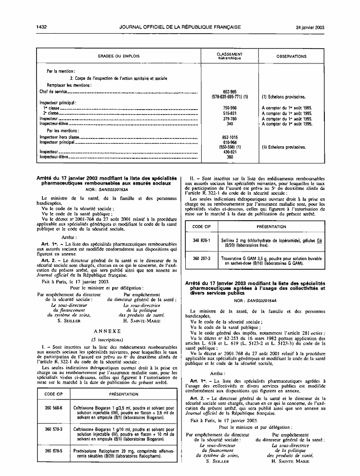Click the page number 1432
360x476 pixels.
pos(41,27)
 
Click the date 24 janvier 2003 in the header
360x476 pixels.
pos(310,27)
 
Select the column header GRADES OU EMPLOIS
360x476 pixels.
pos(118,56)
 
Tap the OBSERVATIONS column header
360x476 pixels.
pos(291,56)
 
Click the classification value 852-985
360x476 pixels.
pos(230,91)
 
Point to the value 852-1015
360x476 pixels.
pos(230,137)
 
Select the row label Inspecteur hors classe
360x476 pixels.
pos(59,137)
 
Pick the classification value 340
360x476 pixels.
pos(230,123)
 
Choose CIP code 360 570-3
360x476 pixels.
pos(53,427)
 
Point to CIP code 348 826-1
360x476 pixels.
pos(201,239)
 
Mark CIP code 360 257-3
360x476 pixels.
pos(201,258)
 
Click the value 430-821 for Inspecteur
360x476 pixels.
pos(230,151)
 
